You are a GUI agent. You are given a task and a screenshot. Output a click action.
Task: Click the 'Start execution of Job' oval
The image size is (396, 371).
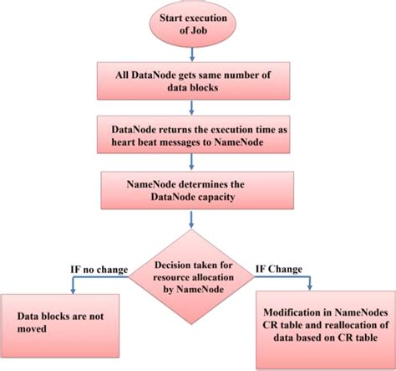pos(194,25)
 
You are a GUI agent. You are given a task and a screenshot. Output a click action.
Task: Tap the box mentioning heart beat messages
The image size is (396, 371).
pos(194,137)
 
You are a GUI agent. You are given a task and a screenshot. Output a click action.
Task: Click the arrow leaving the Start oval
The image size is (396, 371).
pos(194,56)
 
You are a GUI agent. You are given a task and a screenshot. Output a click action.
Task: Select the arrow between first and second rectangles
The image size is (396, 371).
pos(194,111)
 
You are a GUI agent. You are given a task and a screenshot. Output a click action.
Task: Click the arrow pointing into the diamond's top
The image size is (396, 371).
pos(194,219)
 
